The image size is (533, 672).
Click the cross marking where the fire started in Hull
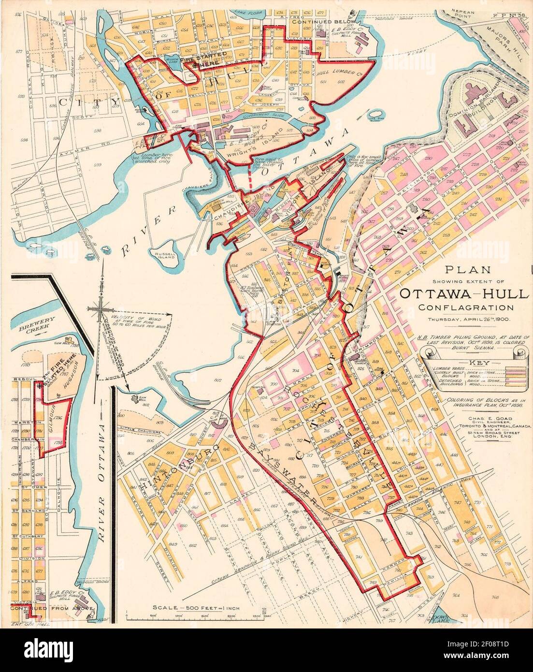tap(195, 65)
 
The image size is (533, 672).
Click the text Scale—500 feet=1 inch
tap(196, 608)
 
